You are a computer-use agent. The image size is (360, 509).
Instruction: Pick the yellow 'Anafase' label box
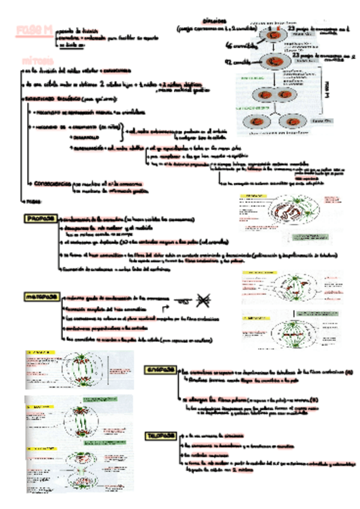point(161,371)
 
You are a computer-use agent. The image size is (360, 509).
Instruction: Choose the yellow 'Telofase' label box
point(161,436)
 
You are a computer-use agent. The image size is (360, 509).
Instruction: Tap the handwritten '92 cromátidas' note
point(238,62)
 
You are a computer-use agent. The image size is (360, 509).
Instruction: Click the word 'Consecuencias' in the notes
point(52,182)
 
